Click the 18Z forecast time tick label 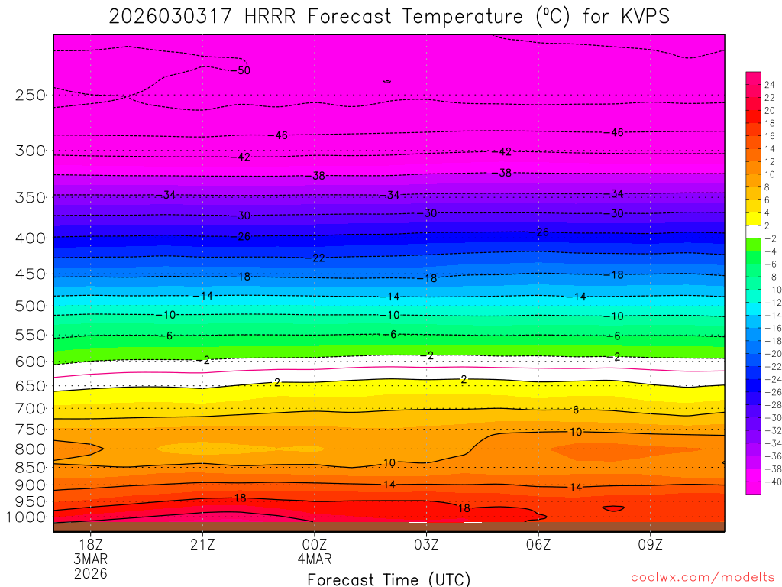(x=91, y=544)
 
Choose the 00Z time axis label (x=315, y=544)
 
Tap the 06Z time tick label (x=538, y=544)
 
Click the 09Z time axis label (x=650, y=544)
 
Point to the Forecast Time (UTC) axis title (x=389, y=579)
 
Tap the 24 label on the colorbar (x=769, y=84)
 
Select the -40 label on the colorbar (x=771, y=482)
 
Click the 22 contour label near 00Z (x=318, y=258)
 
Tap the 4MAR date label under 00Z (x=315, y=559)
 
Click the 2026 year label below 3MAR (x=91, y=573)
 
